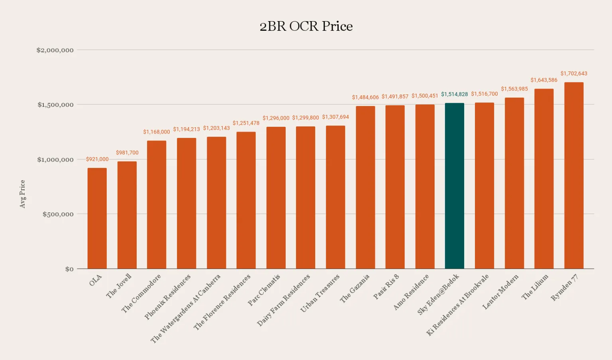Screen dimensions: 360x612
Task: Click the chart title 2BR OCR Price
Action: coord(306,26)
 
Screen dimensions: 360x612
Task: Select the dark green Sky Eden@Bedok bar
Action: coord(454,186)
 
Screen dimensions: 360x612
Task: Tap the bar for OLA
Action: coord(97,218)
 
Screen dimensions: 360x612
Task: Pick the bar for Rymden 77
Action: coord(574,175)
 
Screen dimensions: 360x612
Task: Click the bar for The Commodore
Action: coord(157,205)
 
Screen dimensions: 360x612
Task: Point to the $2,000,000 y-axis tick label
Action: coord(55,50)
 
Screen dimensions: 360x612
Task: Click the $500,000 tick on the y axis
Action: coord(58,214)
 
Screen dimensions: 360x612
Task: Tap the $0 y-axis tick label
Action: coord(69,269)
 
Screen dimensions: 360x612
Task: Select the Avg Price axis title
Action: coord(23,194)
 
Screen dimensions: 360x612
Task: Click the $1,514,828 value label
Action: coord(454,94)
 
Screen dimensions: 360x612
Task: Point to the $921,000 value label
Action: coord(97,159)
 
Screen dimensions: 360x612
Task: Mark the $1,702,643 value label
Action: coord(574,73)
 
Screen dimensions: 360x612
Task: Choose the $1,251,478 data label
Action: coord(246,123)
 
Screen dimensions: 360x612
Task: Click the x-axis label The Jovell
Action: coord(119,286)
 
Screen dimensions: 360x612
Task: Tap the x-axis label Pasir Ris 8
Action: coord(386,287)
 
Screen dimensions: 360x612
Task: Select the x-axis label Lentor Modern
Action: coord(500,292)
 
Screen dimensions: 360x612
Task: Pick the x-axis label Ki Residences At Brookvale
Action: coord(457,305)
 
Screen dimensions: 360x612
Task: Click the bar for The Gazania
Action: coord(365,187)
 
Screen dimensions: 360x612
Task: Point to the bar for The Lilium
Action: coord(544,179)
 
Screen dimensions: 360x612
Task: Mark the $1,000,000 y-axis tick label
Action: coord(55,159)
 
